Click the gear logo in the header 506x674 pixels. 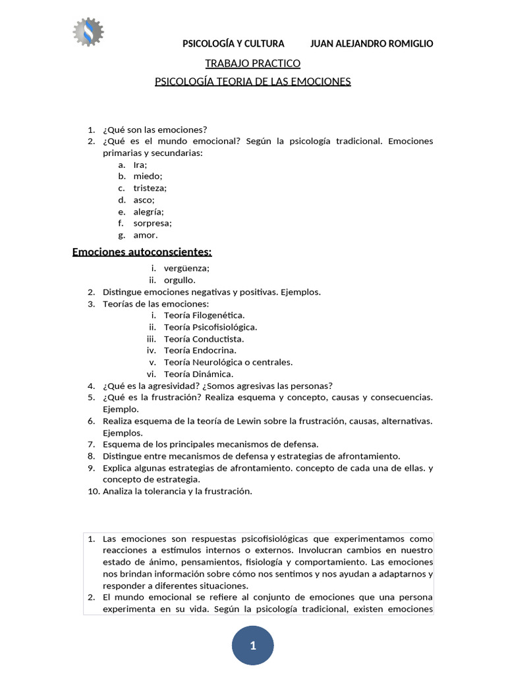pos(88,30)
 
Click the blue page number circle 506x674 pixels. pos(253,646)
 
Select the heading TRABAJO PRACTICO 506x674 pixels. pos(253,63)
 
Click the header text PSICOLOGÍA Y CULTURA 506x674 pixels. pos(233,43)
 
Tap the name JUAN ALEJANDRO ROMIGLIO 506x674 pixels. pos(372,43)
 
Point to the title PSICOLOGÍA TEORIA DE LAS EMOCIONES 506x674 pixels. pos(253,82)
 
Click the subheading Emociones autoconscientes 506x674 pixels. pos(142,251)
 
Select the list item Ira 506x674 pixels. pos(140,165)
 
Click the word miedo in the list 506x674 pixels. pos(148,176)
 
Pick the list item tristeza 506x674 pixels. pos(150,188)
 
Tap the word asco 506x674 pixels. pos(144,199)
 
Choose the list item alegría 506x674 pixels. pos(148,211)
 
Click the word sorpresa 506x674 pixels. pos(152,223)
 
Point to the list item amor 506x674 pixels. pos(146,235)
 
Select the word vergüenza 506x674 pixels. pos(186,268)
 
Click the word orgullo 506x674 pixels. pos(180,280)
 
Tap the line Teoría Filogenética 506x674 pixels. pos(204,315)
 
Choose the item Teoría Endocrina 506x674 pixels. pos(200,350)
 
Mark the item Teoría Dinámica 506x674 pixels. pos(198,374)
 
